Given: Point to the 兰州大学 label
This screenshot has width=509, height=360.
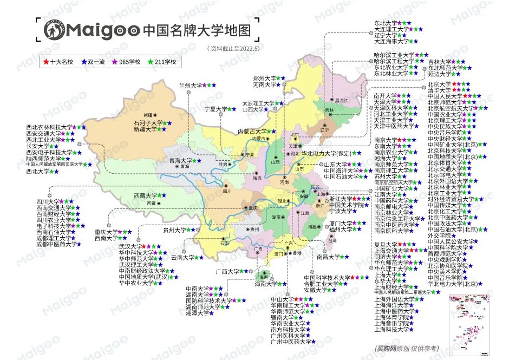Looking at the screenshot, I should (x=190, y=86).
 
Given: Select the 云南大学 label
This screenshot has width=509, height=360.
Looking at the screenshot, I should (x=182, y=258).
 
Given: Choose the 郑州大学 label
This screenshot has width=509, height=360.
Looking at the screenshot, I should (x=264, y=78).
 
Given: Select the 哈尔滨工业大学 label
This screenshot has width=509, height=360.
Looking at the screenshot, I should (x=394, y=55).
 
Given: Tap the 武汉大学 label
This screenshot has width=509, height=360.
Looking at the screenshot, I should (x=129, y=246).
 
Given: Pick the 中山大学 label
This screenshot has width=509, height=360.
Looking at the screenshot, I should (x=282, y=299).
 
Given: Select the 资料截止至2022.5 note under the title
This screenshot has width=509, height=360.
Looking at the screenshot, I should (x=233, y=48).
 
